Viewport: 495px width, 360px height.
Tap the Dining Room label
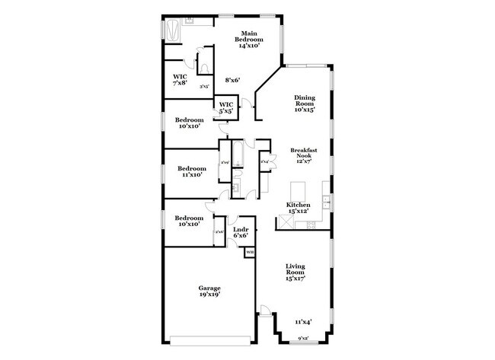tap(305, 104)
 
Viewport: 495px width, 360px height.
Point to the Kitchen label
tap(298, 209)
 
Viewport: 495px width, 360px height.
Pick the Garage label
tap(209, 292)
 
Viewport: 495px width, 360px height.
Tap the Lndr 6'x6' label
tap(241, 232)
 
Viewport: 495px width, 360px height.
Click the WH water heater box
tap(249, 252)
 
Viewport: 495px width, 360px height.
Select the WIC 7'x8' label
tap(180, 79)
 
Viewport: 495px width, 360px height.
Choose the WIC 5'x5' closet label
tap(226, 108)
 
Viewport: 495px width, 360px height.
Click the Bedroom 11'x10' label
tap(192, 171)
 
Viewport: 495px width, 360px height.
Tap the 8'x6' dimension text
tap(232, 80)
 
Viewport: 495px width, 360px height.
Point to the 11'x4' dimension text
tap(303, 322)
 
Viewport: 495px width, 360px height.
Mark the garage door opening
tap(209, 339)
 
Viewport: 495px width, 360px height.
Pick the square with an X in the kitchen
tap(286, 223)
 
